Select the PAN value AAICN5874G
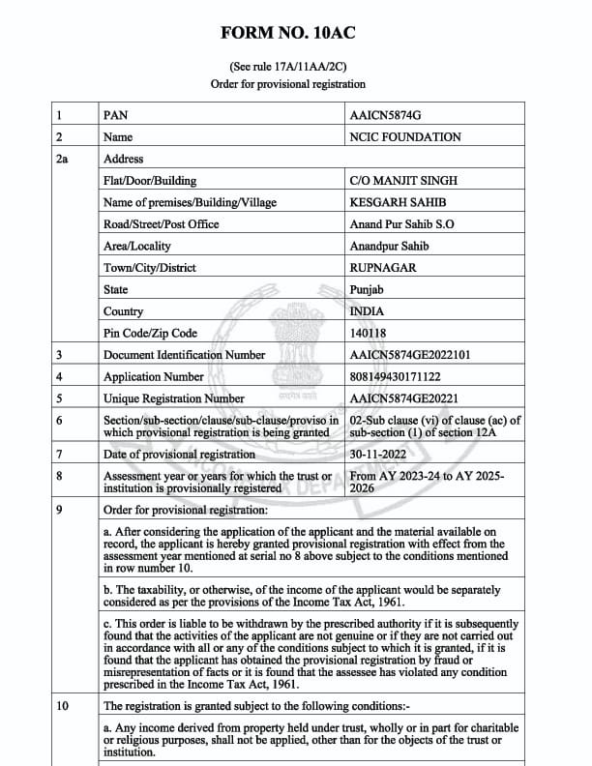click(x=387, y=115)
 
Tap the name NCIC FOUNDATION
click(x=404, y=137)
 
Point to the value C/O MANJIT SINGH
click(x=403, y=181)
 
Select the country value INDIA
click(x=367, y=311)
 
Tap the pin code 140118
click(x=368, y=334)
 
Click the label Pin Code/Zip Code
click(x=150, y=334)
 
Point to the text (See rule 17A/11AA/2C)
click(x=288, y=67)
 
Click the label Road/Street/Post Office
click(x=162, y=224)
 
